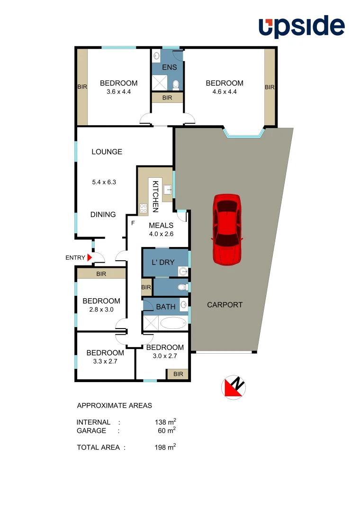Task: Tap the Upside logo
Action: pyautogui.click(x=301, y=27)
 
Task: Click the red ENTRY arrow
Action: pyautogui.click(x=90, y=257)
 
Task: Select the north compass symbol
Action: pyautogui.click(x=234, y=387)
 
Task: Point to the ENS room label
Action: pyautogui.click(x=169, y=67)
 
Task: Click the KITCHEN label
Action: pyautogui.click(x=155, y=195)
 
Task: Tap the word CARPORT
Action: pyautogui.click(x=225, y=305)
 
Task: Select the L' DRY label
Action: pyautogui.click(x=159, y=262)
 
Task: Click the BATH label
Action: pyautogui.click(x=166, y=307)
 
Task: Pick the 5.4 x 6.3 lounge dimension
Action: pyautogui.click(x=104, y=181)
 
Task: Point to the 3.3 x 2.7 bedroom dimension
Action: pyautogui.click(x=105, y=361)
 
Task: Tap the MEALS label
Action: pyautogui.click(x=161, y=225)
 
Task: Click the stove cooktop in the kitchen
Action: pyautogui.click(x=143, y=207)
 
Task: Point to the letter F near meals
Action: pyautogui.click(x=133, y=222)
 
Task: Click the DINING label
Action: pyautogui.click(x=103, y=214)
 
